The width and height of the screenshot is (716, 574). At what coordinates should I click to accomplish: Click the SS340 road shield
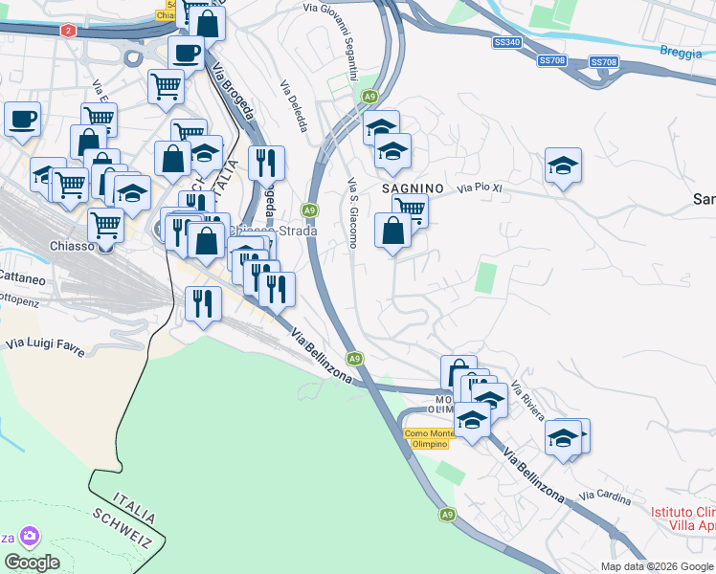507,42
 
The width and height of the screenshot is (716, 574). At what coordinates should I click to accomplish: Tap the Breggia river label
682,52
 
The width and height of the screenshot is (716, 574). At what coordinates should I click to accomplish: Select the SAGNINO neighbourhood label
413,188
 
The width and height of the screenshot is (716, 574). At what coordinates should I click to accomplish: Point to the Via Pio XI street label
479,188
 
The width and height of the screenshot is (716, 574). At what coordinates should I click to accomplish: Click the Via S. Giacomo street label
352,212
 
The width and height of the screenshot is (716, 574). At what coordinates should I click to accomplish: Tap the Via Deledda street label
294,106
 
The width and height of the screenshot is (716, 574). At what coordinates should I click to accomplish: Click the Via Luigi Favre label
44,345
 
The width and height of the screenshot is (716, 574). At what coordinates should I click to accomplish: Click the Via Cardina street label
605,498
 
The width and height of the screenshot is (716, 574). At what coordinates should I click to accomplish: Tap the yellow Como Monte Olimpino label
427,439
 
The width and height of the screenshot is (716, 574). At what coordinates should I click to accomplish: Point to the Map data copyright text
658,566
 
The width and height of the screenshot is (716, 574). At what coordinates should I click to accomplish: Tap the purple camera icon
30,536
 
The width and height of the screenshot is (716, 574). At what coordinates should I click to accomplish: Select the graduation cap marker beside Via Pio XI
564,166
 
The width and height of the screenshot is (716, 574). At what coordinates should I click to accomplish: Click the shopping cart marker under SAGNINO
411,208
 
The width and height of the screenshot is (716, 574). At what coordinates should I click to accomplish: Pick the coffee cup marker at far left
22,120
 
